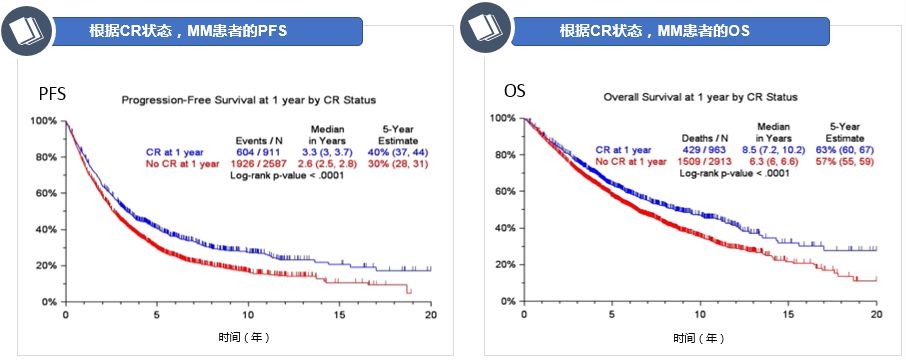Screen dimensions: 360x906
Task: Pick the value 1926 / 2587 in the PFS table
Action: pyautogui.click(x=257, y=163)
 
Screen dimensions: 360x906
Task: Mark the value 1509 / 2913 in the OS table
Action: pyautogui.click(x=704, y=160)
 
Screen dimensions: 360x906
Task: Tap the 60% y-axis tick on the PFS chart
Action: pyautogui.click(x=45, y=193)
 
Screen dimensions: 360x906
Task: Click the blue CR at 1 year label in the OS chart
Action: pyautogui.click(x=631, y=148)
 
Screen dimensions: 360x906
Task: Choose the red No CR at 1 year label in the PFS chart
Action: pyautogui.click(x=180, y=163)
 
